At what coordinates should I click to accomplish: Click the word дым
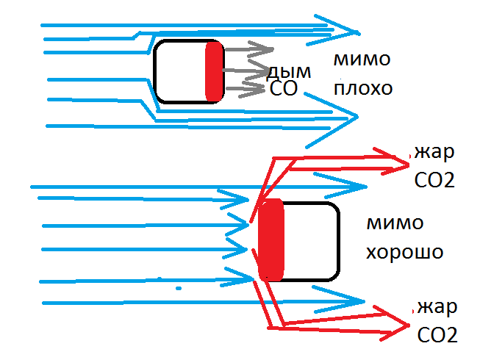[288, 72]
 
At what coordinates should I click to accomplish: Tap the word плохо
[362, 88]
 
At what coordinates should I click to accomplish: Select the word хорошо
[404, 251]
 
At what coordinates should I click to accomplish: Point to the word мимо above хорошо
[395, 223]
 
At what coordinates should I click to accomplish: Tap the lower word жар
[437, 306]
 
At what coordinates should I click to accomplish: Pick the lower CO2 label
[437, 335]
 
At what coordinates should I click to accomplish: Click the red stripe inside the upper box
[214, 71]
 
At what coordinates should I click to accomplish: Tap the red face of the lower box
[271, 240]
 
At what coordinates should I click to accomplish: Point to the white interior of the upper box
[180, 71]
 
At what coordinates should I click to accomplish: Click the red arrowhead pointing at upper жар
[394, 159]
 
